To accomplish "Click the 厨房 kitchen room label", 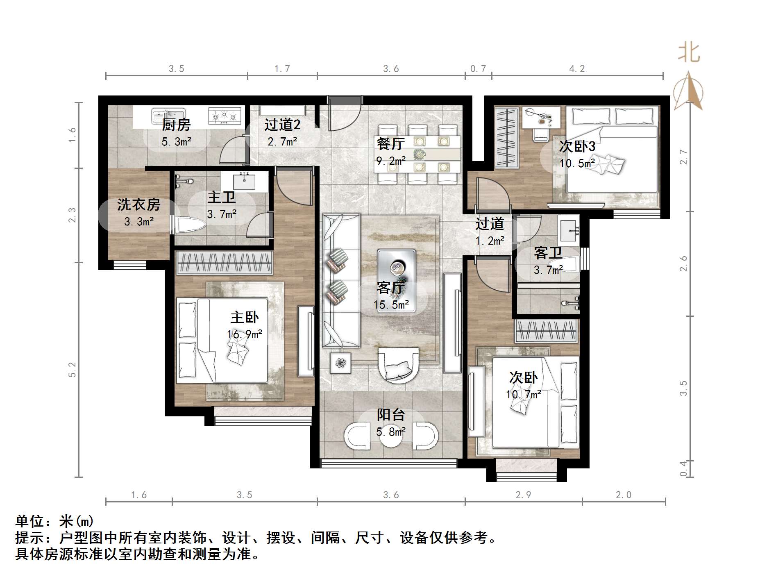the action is coord(176,124).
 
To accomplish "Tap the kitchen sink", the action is coord(168,116).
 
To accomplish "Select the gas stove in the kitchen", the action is coord(224,116).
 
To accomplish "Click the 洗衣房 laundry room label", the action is coord(138,204).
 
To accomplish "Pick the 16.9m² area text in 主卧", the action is coord(245,334).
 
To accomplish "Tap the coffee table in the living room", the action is coord(396,280).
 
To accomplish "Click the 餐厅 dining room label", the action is coord(390,143).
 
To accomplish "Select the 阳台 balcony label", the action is coord(390,415).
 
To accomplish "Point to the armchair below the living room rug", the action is coord(398,366).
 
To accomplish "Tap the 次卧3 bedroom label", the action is coord(577,146).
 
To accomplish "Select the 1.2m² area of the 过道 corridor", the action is coord(490,241).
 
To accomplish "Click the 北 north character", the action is coord(689,53).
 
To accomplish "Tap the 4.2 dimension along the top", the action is coord(577,69).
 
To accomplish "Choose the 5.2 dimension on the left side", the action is coord(72,369).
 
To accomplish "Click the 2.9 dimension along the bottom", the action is coord(523,495).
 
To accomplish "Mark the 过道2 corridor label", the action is coord(282,124).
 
